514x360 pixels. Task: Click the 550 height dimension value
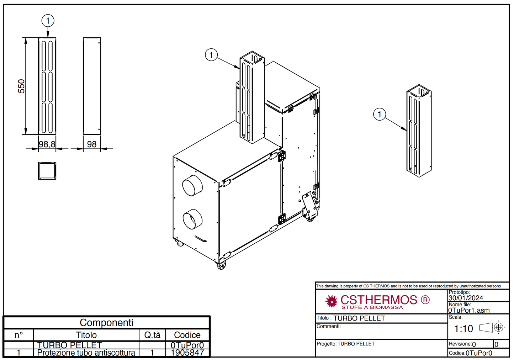point(21,86)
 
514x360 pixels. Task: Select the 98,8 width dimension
point(47,144)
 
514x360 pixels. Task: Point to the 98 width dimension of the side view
point(92,144)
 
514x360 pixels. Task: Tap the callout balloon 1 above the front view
point(48,21)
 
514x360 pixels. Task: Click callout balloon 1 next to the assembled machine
point(211,55)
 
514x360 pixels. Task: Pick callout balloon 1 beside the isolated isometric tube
point(380,114)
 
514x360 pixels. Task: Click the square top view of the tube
point(47,171)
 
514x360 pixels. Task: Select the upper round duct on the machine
point(192,185)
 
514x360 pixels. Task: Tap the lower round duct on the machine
point(192,219)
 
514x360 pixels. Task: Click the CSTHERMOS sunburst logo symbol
point(331,301)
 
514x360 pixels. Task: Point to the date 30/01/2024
point(466,298)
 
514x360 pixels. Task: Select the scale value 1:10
point(463,329)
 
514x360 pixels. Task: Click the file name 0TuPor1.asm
point(469,310)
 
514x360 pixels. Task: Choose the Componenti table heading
point(106,323)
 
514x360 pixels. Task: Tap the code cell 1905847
point(187,353)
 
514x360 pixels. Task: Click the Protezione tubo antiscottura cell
point(86,353)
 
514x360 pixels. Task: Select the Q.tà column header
point(152,335)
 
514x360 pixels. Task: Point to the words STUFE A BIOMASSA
point(372,307)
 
